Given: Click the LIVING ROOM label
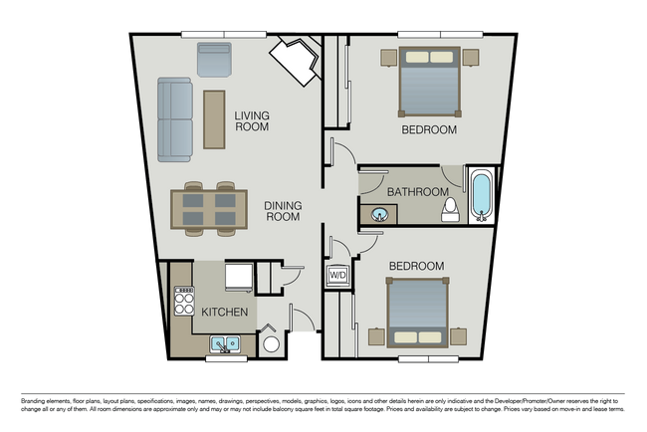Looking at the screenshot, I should coord(252,121).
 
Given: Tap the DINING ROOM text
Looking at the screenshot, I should coord(283,212).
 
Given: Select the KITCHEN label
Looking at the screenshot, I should coord(225,313).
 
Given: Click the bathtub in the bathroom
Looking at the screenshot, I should coord(481,196).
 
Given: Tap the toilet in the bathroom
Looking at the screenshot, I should coord(450,208).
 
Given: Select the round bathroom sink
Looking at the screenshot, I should coord(380,214).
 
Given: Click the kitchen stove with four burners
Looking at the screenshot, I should coord(185,300).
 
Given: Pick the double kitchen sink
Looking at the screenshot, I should coord(225,345).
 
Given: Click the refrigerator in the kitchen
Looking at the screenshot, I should coord(238,276).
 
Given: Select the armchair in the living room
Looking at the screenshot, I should coord(213,60).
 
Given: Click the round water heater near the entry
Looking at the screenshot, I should coord(271,344).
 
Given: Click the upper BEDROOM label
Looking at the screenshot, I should coord(429,130).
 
